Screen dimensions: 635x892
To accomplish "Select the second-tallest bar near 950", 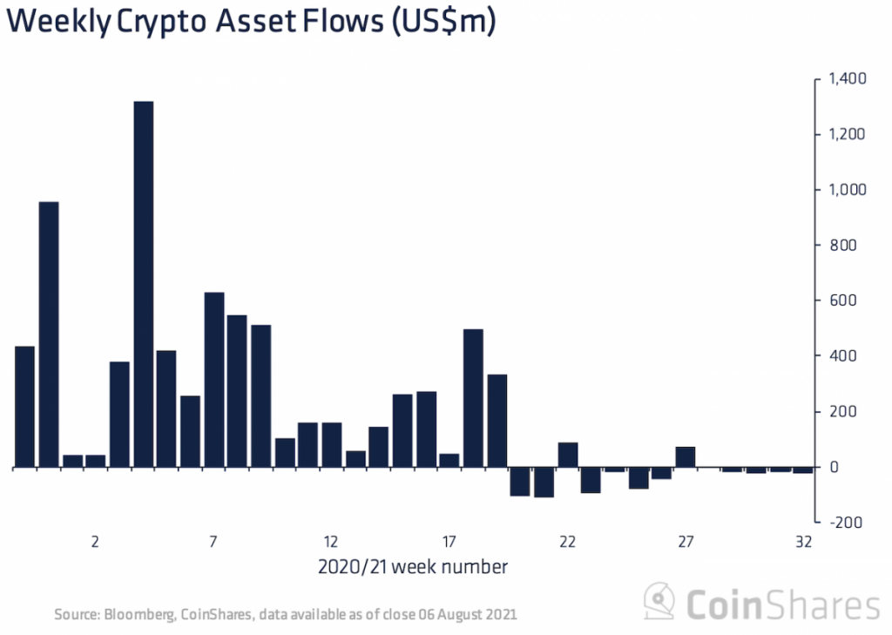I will [x=49, y=334].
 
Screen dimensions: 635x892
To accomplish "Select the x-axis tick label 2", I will [x=95, y=542].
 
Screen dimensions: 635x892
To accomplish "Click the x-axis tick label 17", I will [x=449, y=542].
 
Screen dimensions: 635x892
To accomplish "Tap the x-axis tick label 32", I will [x=803, y=542].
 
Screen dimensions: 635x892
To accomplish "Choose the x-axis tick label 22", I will [x=567, y=542].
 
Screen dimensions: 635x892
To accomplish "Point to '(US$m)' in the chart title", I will [x=443, y=24].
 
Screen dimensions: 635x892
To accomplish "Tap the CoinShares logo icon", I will [x=659, y=602].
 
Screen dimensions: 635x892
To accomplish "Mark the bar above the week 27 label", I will [x=686, y=457].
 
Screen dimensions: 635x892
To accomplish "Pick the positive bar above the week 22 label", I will [x=568, y=456].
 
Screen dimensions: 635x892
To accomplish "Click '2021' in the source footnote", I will [x=502, y=614].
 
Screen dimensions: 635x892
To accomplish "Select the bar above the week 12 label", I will [x=332, y=445].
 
